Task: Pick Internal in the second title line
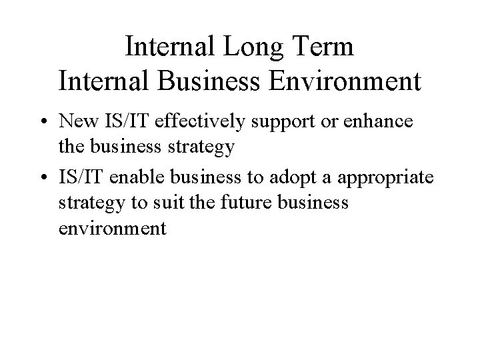pos(99,81)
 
